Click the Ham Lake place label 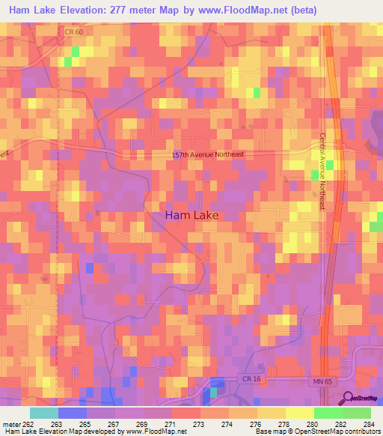[191, 215]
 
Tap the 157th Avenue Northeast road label [209, 155]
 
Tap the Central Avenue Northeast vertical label [323, 172]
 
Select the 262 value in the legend [28, 424]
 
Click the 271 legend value [171, 424]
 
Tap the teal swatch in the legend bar [44, 413]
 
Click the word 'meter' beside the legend [10, 424]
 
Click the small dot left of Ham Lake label [98, 213]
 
